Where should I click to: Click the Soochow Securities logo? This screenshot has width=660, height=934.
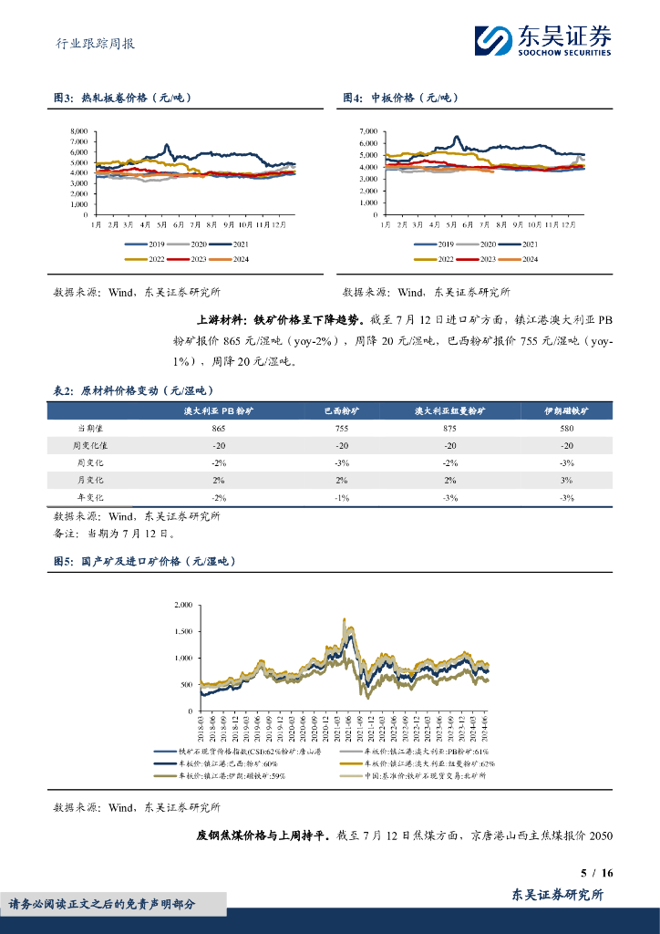(542, 40)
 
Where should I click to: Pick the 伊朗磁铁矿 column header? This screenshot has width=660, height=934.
(566, 411)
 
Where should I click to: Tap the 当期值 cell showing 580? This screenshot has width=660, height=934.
(566, 428)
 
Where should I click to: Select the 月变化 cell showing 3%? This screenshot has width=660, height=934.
(566, 480)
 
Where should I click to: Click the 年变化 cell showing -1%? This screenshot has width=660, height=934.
(342, 497)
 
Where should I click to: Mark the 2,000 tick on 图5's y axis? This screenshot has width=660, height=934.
(182, 605)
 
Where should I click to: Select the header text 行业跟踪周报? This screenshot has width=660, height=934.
(89, 42)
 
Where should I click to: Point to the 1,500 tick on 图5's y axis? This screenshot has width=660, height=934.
(182, 631)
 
